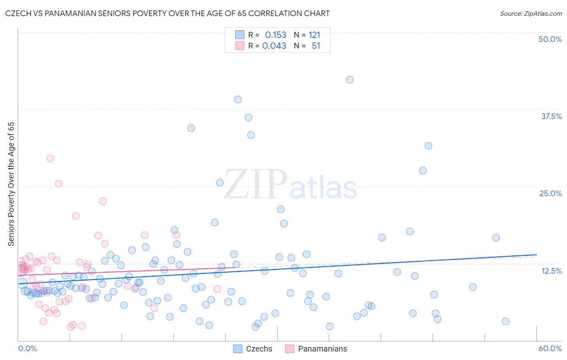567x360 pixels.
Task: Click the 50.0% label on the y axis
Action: click(550, 39)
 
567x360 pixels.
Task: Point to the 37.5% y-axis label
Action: click(551, 116)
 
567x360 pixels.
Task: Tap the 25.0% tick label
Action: click(550, 193)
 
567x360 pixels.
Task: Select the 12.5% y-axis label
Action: click(551, 271)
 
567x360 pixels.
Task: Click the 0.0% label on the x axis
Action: click(27, 348)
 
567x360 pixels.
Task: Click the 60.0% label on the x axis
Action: click(550, 348)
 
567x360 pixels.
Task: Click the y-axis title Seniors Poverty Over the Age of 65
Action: click(11, 184)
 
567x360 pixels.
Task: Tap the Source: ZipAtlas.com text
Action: click(531, 13)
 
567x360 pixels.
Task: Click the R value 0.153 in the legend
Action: click(275, 35)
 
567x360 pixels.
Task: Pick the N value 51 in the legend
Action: click(316, 46)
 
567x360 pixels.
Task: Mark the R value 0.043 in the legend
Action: click(274, 46)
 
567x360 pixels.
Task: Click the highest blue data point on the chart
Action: click(350, 80)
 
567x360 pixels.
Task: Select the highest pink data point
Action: click(50, 158)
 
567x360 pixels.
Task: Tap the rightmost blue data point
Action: click(505, 321)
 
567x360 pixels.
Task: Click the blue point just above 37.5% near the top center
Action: click(238, 99)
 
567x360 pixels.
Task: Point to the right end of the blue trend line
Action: click(536, 255)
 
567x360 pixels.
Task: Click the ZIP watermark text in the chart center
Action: click(256, 184)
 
